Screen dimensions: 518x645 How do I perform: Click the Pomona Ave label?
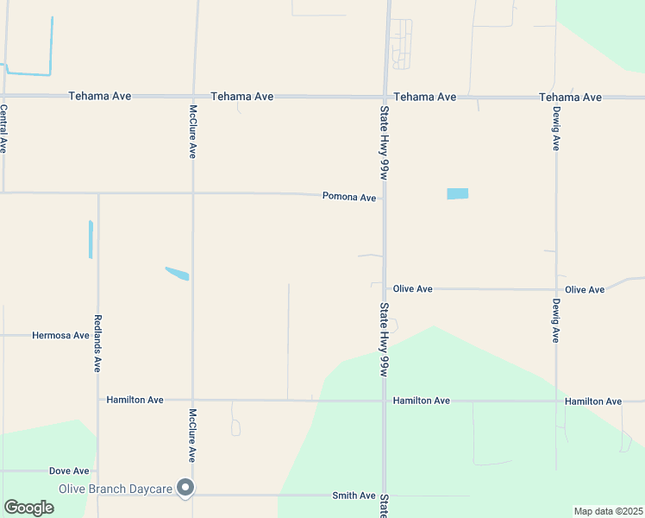click(349, 198)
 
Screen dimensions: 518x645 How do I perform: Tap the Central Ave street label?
click(3, 129)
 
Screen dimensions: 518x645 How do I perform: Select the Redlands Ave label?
click(97, 343)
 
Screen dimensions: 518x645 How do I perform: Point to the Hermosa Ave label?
click(60, 335)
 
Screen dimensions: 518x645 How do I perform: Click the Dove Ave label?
click(69, 471)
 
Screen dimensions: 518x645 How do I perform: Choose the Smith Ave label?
click(354, 496)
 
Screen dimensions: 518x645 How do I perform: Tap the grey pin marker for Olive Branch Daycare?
click(185, 489)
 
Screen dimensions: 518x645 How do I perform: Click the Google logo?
click(28, 508)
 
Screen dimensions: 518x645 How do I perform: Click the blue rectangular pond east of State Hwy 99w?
click(457, 193)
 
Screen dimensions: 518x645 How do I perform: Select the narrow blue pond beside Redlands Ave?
click(91, 239)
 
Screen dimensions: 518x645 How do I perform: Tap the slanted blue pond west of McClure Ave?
click(177, 274)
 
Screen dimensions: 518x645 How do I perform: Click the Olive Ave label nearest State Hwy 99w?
click(412, 289)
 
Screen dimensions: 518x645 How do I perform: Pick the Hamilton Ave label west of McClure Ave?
click(135, 401)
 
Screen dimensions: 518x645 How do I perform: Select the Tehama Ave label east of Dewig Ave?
click(570, 97)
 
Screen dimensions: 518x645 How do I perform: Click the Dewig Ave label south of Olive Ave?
click(556, 321)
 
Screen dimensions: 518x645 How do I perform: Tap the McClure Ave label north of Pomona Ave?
click(193, 131)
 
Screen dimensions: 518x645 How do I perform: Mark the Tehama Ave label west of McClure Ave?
click(100, 96)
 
